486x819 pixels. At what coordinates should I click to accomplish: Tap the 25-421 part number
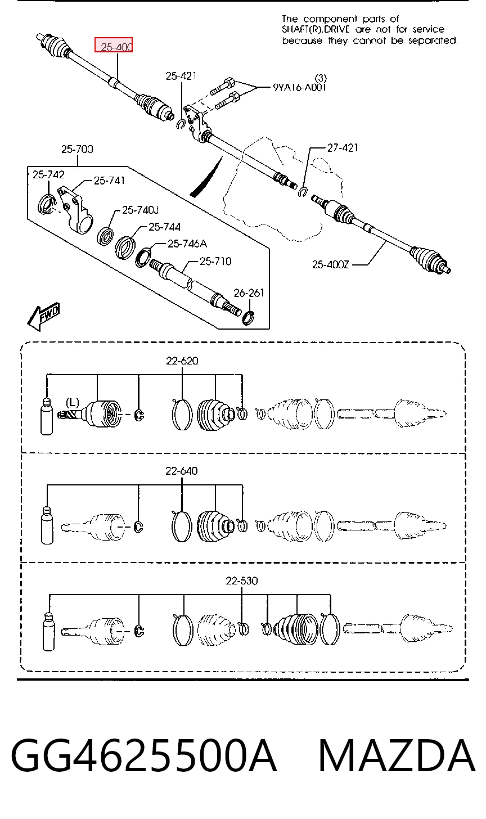(x=181, y=76)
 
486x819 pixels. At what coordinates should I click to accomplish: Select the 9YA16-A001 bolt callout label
(x=299, y=87)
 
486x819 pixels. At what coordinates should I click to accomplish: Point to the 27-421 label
(x=343, y=148)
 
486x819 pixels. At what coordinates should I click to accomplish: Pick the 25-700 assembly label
(x=77, y=149)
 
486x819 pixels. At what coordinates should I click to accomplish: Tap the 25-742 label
(x=48, y=174)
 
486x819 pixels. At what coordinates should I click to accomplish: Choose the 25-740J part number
(x=140, y=210)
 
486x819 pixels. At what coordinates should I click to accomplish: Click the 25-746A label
(x=187, y=244)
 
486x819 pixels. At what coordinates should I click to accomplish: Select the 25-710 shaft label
(x=215, y=261)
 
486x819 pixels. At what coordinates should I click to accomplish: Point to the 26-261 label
(x=249, y=293)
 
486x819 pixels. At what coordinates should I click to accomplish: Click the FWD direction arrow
(x=43, y=317)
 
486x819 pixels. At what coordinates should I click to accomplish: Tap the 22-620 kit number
(x=182, y=361)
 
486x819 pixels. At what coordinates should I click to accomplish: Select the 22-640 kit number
(x=181, y=471)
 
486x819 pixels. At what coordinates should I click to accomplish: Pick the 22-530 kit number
(x=242, y=580)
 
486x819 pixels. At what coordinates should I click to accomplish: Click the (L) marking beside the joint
(x=73, y=403)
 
